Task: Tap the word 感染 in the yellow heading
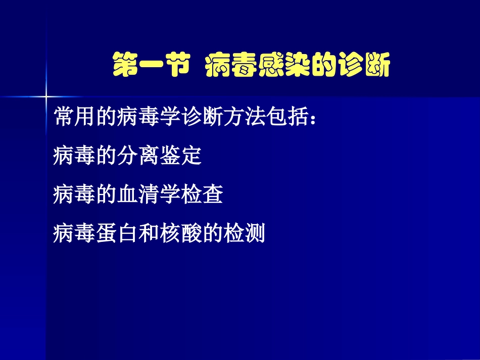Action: [277, 67]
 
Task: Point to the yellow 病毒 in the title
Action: [230, 67]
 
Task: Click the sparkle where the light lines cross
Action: [46, 95]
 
